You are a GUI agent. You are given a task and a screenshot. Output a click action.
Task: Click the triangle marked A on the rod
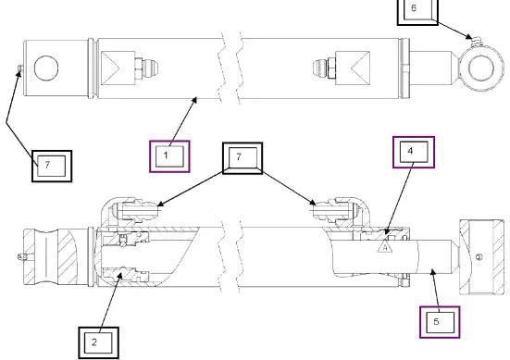point(385,247)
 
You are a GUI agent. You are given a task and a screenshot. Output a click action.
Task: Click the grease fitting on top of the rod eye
point(475,42)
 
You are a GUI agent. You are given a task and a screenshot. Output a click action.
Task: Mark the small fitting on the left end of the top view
point(20,68)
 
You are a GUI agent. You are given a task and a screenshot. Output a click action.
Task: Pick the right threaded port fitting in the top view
point(324,68)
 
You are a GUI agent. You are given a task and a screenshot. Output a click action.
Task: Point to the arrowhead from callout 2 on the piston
point(119,276)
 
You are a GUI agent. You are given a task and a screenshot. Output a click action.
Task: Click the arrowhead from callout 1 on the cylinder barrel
point(194,100)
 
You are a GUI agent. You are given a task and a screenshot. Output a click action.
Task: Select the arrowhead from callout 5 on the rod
point(432,272)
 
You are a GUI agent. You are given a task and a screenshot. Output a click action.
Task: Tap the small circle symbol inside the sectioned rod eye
point(479,257)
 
